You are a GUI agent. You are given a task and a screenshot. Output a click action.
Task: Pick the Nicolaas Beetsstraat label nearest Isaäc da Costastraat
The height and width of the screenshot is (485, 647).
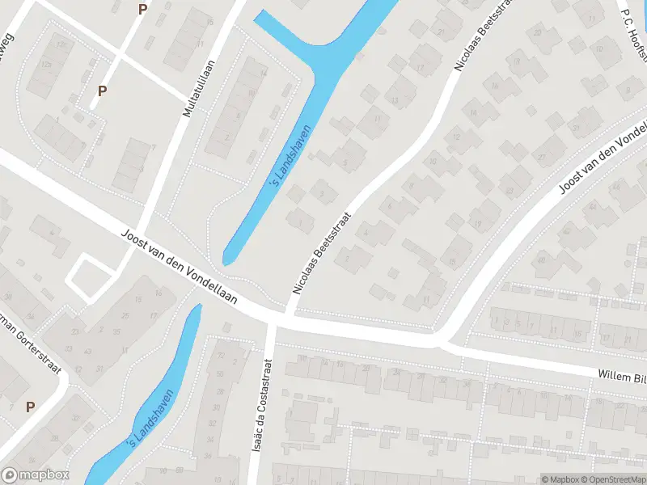point(323,251)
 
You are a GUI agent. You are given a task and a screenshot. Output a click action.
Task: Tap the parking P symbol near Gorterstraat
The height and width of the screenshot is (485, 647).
point(31,407)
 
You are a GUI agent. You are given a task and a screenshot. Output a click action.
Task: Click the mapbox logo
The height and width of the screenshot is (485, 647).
point(36,475)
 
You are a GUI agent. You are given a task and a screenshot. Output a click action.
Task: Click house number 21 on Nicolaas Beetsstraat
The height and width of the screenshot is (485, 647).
point(440,32)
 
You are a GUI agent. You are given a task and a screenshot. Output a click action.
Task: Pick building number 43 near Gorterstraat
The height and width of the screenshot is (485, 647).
point(67,350)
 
